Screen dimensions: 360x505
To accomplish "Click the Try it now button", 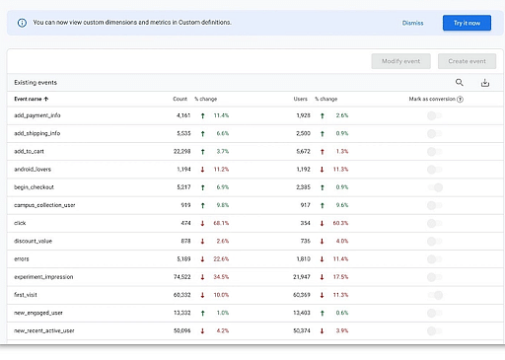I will click(x=467, y=23).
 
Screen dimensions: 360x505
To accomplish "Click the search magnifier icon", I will click(x=460, y=84).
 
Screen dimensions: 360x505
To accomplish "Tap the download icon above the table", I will click(x=484, y=84).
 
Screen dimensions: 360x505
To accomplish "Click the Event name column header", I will click(x=32, y=100).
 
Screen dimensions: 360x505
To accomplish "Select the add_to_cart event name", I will click(x=32, y=151).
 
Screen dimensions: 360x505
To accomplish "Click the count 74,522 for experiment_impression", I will click(x=177, y=276).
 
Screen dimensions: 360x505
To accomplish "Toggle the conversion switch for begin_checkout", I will click(x=435, y=186).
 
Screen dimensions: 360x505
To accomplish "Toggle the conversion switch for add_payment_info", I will click(x=434, y=115).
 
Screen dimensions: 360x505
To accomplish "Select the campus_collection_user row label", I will click(x=44, y=205).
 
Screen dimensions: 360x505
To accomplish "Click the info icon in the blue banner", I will click(x=22, y=23).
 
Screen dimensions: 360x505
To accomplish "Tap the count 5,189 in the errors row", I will click(x=178, y=258).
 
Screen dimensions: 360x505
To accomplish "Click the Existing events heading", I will click(x=35, y=83).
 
